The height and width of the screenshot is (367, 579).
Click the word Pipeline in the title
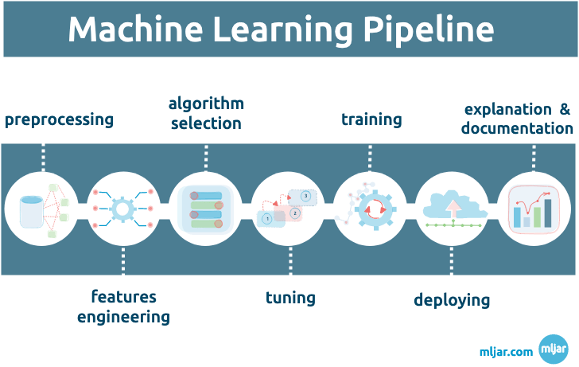click(x=429, y=29)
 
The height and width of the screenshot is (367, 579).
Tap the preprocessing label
click(x=60, y=120)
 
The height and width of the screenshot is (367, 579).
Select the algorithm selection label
click(x=206, y=114)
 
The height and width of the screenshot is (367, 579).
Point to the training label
click(x=371, y=119)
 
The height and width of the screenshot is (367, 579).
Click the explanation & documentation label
click(x=517, y=119)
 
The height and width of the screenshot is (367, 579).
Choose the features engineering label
click(x=123, y=306)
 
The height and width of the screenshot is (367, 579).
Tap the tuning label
click(x=290, y=298)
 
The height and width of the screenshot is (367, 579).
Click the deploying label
click(x=452, y=299)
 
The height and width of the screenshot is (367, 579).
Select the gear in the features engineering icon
click(x=123, y=209)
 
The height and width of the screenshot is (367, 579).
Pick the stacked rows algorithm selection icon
click(x=205, y=209)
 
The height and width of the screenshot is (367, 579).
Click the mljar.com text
click(x=506, y=350)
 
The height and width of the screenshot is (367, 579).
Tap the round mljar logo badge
click(x=553, y=349)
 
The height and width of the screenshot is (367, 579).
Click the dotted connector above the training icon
click(x=370, y=157)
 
